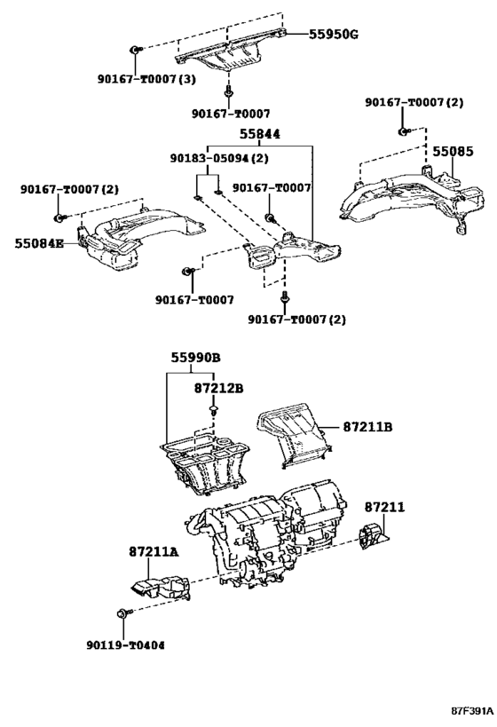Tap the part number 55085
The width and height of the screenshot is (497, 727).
(x=453, y=152)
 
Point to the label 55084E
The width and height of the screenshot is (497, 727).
(x=39, y=242)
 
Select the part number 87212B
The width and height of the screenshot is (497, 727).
(x=219, y=388)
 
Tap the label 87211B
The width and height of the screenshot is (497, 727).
(x=367, y=428)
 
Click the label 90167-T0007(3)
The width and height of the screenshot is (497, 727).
(x=146, y=79)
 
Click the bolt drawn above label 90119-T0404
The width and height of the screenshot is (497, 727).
(x=122, y=613)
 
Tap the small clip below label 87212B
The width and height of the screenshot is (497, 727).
(x=214, y=411)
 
